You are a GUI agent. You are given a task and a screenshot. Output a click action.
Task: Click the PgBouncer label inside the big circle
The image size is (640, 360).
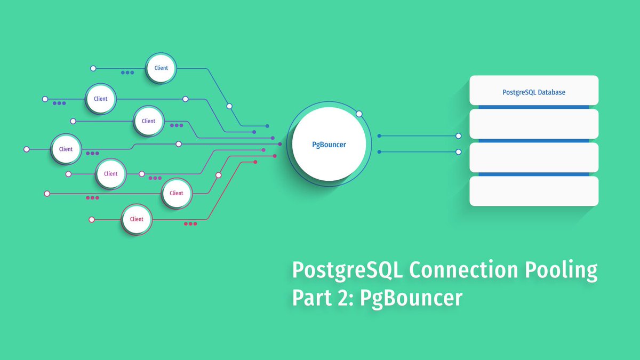[329, 145]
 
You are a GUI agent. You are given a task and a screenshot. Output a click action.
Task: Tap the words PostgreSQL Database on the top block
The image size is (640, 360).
[534, 92]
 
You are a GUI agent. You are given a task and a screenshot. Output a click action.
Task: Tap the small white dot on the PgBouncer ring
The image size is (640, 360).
[359, 114]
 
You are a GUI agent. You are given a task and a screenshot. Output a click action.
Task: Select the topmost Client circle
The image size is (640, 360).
[161, 68]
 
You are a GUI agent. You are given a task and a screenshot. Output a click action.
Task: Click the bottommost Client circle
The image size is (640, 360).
[137, 219]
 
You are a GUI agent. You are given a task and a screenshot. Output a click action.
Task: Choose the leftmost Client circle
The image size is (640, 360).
[66, 149]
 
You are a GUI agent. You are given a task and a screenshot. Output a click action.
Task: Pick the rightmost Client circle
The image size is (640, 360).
[177, 193]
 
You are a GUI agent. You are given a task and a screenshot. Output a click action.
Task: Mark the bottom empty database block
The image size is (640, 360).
[534, 191]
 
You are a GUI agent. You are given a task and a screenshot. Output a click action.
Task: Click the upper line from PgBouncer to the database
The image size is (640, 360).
[418, 136]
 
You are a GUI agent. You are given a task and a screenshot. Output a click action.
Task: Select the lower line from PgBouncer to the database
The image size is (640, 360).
[418, 152]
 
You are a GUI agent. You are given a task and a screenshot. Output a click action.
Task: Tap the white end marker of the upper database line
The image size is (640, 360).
[458, 136]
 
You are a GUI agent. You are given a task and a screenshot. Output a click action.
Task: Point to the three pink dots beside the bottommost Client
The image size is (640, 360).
[190, 224]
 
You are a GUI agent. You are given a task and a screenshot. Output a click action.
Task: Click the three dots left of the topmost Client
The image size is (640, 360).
[127, 73]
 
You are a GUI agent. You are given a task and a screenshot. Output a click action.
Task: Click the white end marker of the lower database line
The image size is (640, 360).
[458, 152]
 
